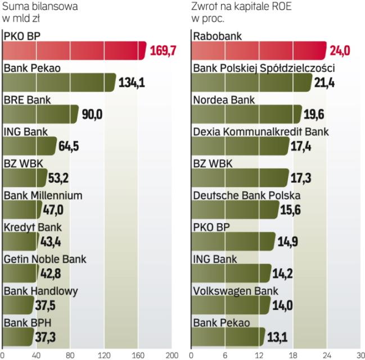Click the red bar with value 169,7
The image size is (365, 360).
tap(73, 51)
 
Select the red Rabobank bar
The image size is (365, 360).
tap(259, 51)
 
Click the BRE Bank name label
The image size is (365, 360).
tap(27, 100)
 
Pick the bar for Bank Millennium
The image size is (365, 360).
tap(22, 210)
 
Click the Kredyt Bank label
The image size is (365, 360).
tap(33, 228)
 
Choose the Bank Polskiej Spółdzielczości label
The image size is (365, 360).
tap(264, 69)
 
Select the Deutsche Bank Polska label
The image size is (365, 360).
tap(246, 196)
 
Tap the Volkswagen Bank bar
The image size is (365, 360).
tap(230, 305)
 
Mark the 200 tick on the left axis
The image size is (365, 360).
tap(172, 355)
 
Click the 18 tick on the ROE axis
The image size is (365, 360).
tap(292, 355)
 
